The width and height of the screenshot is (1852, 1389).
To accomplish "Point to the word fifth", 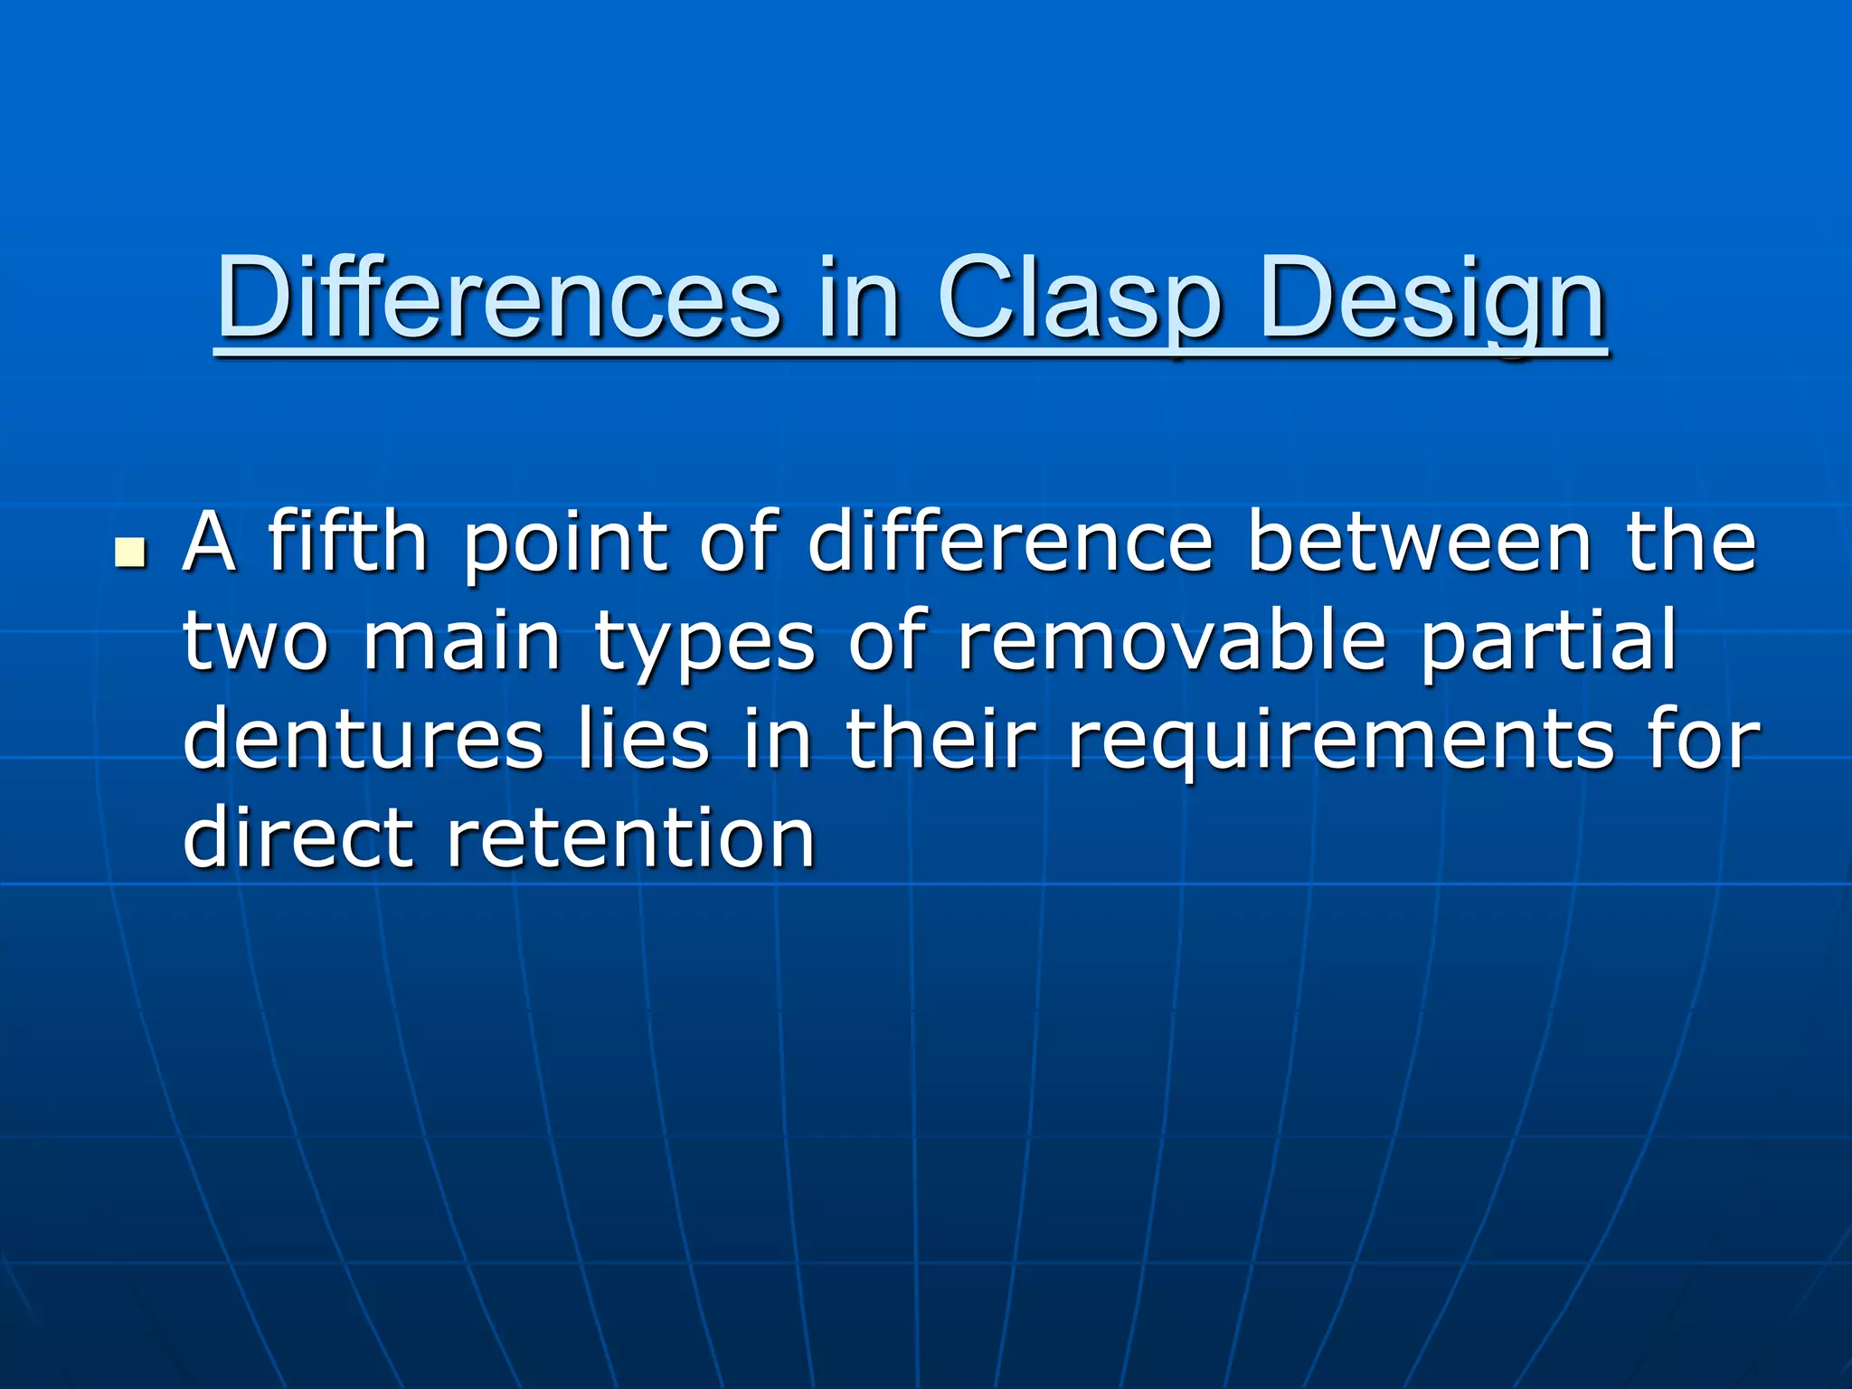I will (x=347, y=543).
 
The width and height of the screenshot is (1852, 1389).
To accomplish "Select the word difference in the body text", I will (x=1009, y=543).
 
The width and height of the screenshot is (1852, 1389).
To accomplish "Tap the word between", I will (x=1419, y=543).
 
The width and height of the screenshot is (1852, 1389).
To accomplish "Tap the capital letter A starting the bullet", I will (x=210, y=543).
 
